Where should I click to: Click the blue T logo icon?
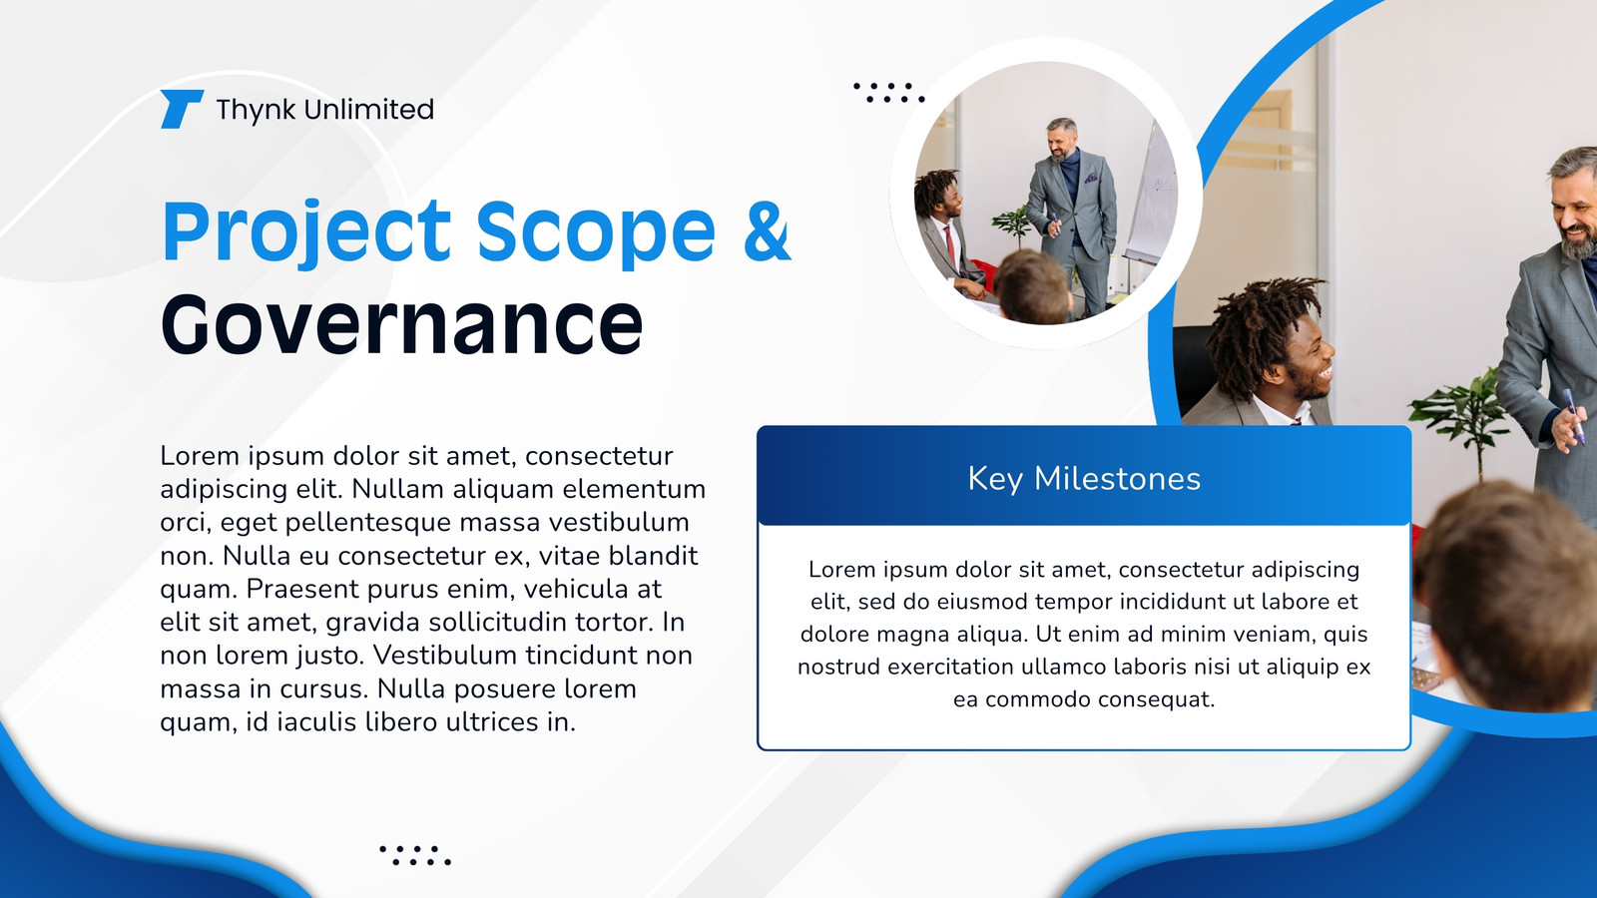click(181, 109)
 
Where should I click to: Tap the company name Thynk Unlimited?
click(325, 110)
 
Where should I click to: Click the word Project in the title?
click(307, 232)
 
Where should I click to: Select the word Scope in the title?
click(596, 231)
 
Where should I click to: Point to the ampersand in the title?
click(768, 230)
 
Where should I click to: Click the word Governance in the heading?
click(402, 325)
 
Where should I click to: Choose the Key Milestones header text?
click(1084, 478)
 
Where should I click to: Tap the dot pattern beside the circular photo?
click(889, 93)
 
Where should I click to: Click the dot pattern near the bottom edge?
click(415, 855)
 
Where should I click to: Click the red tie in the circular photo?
click(950, 244)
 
